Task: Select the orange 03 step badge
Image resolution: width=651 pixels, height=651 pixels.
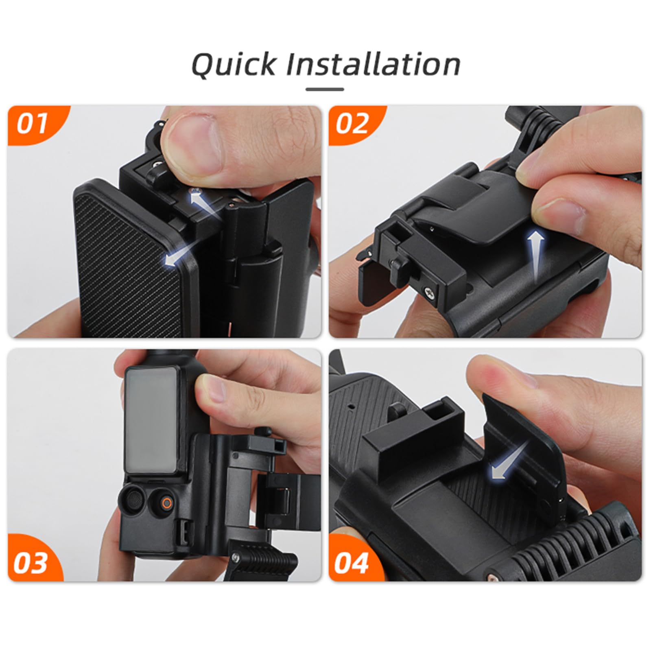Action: pyautogui.click(x=30, y=563)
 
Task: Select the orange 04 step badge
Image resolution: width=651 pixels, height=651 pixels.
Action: pyautogui.click(x=351, y=563)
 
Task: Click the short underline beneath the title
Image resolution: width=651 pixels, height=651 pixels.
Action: pyautogui.click(x=325, y=90)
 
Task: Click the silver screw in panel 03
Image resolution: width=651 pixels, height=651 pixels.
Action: pyautogui.click(x=236, y=557)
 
